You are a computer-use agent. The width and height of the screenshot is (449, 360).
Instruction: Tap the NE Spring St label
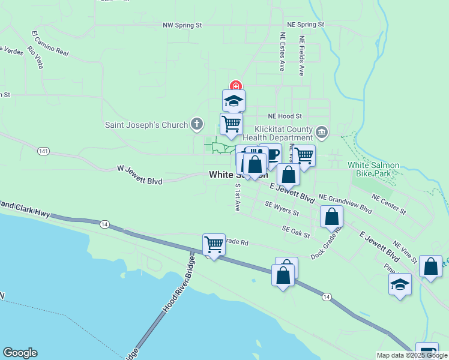306,25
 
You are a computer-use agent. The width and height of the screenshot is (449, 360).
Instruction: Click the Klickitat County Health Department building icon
322,131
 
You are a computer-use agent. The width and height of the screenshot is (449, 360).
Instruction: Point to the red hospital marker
236,87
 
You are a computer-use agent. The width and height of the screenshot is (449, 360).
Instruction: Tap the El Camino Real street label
50,43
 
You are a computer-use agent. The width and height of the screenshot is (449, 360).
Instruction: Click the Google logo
20,353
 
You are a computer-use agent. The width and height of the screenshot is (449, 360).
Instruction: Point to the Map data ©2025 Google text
412,355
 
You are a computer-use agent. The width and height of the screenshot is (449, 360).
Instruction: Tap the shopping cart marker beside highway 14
214,244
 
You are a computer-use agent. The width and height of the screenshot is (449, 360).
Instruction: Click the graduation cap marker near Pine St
400,284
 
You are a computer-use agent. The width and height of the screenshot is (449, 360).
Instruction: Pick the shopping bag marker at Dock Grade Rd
331,217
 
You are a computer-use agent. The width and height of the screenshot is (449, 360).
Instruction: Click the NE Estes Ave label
282,52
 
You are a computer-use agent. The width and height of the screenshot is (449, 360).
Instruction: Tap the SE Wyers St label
282,208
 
